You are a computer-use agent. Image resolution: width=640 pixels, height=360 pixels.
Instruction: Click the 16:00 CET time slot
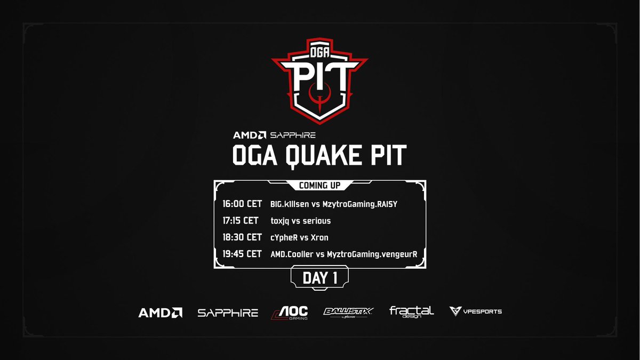click(242, 204)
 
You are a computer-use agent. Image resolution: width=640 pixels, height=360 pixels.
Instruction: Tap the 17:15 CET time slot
click(241, 220)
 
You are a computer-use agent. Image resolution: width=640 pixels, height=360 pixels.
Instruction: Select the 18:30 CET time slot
click(242, 237)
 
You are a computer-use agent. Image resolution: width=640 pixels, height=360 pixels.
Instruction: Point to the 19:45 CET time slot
click(242, 254)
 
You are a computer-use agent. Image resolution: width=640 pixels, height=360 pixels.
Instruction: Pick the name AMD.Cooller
click(293, 254)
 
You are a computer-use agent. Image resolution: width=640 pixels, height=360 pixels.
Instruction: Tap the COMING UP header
click(320, 186)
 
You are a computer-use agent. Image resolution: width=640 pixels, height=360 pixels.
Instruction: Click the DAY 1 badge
click(320, 278)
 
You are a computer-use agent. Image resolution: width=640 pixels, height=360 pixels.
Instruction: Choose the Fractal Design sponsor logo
click(411, 311)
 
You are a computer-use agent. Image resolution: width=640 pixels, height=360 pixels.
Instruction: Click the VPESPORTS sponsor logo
click(475, 311)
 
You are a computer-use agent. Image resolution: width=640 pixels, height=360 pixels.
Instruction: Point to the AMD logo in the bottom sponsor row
click(161, 313)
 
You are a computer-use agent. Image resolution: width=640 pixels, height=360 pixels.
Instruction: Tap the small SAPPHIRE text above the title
click(294, 135)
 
